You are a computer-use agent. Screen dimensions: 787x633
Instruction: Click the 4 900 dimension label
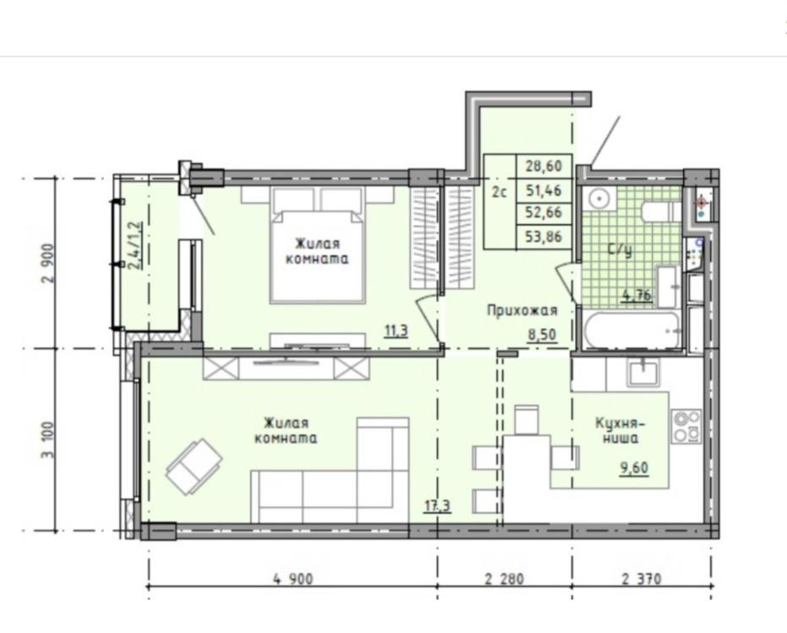point(292,579)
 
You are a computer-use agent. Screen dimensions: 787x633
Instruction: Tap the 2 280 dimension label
point(504,579)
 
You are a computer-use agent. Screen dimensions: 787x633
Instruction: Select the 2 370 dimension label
point(642,579)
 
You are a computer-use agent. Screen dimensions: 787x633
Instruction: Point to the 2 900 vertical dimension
point(48,263)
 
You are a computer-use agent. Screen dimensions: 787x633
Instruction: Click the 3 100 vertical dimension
point(48,439)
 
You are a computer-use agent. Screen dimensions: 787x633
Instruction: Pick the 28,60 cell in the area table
point(544,166)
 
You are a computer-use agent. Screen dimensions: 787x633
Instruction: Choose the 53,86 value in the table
point(544,236)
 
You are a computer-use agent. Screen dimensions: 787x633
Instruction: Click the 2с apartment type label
point(499,192)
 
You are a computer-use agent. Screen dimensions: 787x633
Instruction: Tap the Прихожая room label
point(522,310)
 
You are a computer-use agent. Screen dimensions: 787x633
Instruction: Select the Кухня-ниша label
point(620,430)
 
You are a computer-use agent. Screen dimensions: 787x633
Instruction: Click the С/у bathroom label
point(620,249)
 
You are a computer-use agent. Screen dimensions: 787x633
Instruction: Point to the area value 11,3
point(396,330)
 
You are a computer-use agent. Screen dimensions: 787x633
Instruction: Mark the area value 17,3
point(437,505)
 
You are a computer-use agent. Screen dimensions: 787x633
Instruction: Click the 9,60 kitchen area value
point(634,468)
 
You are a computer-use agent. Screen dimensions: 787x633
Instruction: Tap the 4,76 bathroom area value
point(637,295)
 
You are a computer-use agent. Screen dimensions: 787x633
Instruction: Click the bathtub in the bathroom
point(631,330)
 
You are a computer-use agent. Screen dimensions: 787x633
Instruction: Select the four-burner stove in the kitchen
point(686,426)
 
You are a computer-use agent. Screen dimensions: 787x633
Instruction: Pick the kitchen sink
point(643,372)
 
